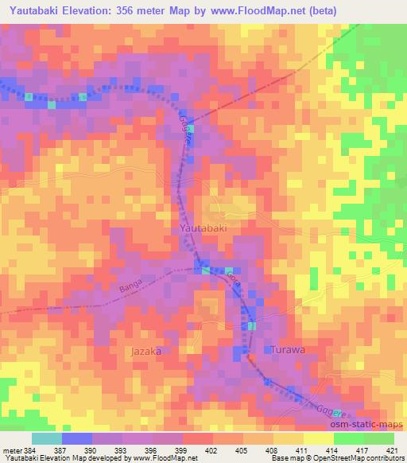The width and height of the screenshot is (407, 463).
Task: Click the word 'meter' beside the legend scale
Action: pos(12,451)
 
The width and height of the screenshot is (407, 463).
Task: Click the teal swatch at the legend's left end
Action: pos(47,439)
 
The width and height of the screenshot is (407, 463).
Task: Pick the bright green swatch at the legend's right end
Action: pos(378,439)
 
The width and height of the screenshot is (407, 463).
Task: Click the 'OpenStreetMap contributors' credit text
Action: pos(362,459)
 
